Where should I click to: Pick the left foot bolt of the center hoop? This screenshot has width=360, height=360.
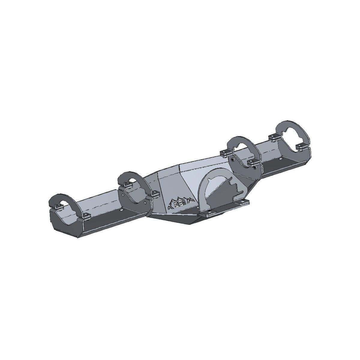coord(209,214)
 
